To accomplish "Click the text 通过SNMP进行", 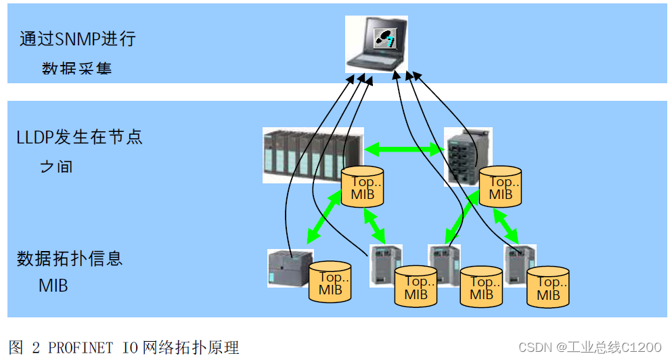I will (77, 39).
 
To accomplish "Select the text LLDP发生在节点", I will (79, 137).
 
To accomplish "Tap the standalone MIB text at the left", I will (53, 285).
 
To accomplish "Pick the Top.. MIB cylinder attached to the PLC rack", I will (363, 187).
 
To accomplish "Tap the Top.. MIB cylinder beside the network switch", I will (500, 187).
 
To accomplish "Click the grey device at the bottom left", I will (290, 269).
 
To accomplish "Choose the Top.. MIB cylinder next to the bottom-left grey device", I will (330, 283).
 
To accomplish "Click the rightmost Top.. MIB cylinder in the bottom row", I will (548, 287).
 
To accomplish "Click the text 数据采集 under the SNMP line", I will (76, 68).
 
